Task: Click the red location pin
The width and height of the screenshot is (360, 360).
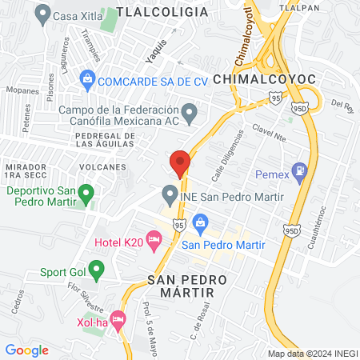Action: tap(180, 162)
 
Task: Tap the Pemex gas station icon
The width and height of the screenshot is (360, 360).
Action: tap(300, 170)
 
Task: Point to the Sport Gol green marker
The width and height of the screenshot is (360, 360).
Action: tap(97, 270)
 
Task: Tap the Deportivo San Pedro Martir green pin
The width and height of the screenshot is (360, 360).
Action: tap(87, 193)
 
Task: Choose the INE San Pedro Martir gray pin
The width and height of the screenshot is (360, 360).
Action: tap(170, 194)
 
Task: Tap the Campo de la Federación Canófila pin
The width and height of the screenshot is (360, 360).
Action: tap(190, 114)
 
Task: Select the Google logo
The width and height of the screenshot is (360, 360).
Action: tap(26, 350)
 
